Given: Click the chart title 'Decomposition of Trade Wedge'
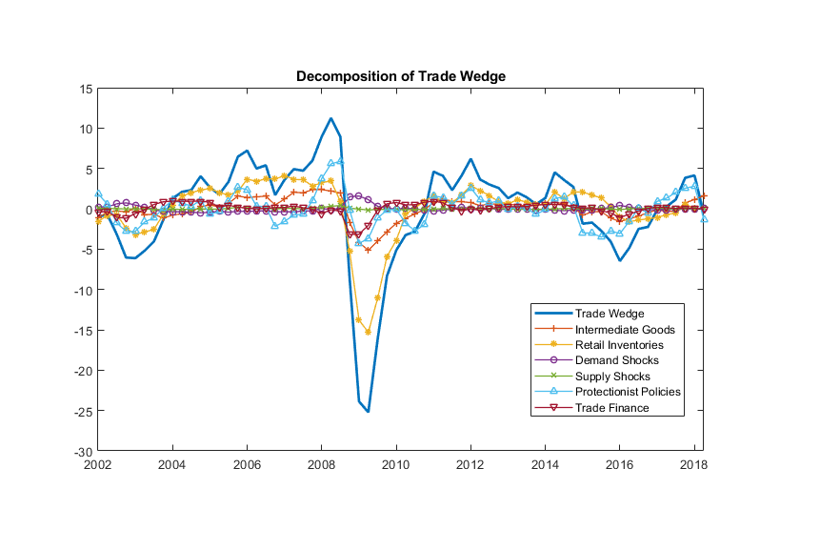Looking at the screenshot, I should click(400, 76).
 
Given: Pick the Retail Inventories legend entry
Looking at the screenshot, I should click(619, 344).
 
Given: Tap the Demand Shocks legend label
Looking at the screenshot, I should click(616, 360).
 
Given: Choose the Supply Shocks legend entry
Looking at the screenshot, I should click(612, 377).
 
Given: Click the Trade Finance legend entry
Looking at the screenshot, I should click(611, 408).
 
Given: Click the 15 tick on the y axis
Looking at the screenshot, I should click(86, 89).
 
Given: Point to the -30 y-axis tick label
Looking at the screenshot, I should click(83, 451).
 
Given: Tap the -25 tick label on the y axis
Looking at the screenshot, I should click(83, 411).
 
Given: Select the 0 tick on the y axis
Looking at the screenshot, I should click(89, 210).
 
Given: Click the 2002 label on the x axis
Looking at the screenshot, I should click(97, 464).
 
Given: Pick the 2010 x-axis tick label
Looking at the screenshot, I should click(395, 464).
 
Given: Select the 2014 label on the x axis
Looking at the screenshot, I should click(545, 464).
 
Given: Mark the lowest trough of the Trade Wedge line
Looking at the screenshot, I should click(368, 411).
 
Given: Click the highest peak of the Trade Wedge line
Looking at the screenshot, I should click(330, 119).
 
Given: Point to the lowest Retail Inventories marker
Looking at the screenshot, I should click(368, 332).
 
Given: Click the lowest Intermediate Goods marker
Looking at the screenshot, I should click(368, 250).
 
